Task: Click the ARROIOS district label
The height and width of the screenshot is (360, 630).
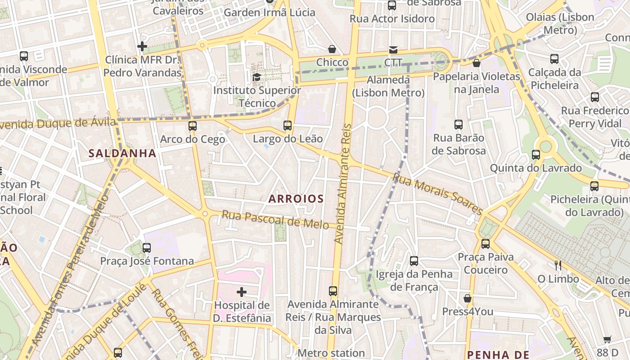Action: pos(296,198)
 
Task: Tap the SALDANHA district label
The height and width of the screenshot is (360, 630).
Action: pos(122,153)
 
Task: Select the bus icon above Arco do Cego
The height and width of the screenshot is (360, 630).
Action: pos(193,126)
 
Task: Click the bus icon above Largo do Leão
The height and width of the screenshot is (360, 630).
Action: pos(288,126)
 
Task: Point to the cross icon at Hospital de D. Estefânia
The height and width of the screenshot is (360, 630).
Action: pos(242,292)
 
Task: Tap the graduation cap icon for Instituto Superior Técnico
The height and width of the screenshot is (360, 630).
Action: pos(256,77)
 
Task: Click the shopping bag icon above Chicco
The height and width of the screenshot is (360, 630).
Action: pos(332,49)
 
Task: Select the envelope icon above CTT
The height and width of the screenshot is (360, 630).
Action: pos(393,49)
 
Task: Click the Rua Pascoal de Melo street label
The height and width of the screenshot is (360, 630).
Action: pos(275,219)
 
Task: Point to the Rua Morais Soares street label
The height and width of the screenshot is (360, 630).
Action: pos(437,193)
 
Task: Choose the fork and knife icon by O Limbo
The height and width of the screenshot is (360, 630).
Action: pos(558,265)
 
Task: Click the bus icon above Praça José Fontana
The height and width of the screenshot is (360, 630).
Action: pos(146,247)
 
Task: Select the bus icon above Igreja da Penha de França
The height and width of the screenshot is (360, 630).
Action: pos(414,261)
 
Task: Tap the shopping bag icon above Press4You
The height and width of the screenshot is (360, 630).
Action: pos(468,298)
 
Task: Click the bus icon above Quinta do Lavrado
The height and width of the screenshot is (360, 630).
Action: pos(535,155)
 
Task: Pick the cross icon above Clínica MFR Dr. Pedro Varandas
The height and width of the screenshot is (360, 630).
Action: pos(142,46)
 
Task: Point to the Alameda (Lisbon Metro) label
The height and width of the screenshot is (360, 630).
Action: pos(388,86)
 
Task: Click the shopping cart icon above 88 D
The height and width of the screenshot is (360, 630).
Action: pos(607,339)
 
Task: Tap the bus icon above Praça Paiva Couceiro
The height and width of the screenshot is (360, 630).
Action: pos(485,244)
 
